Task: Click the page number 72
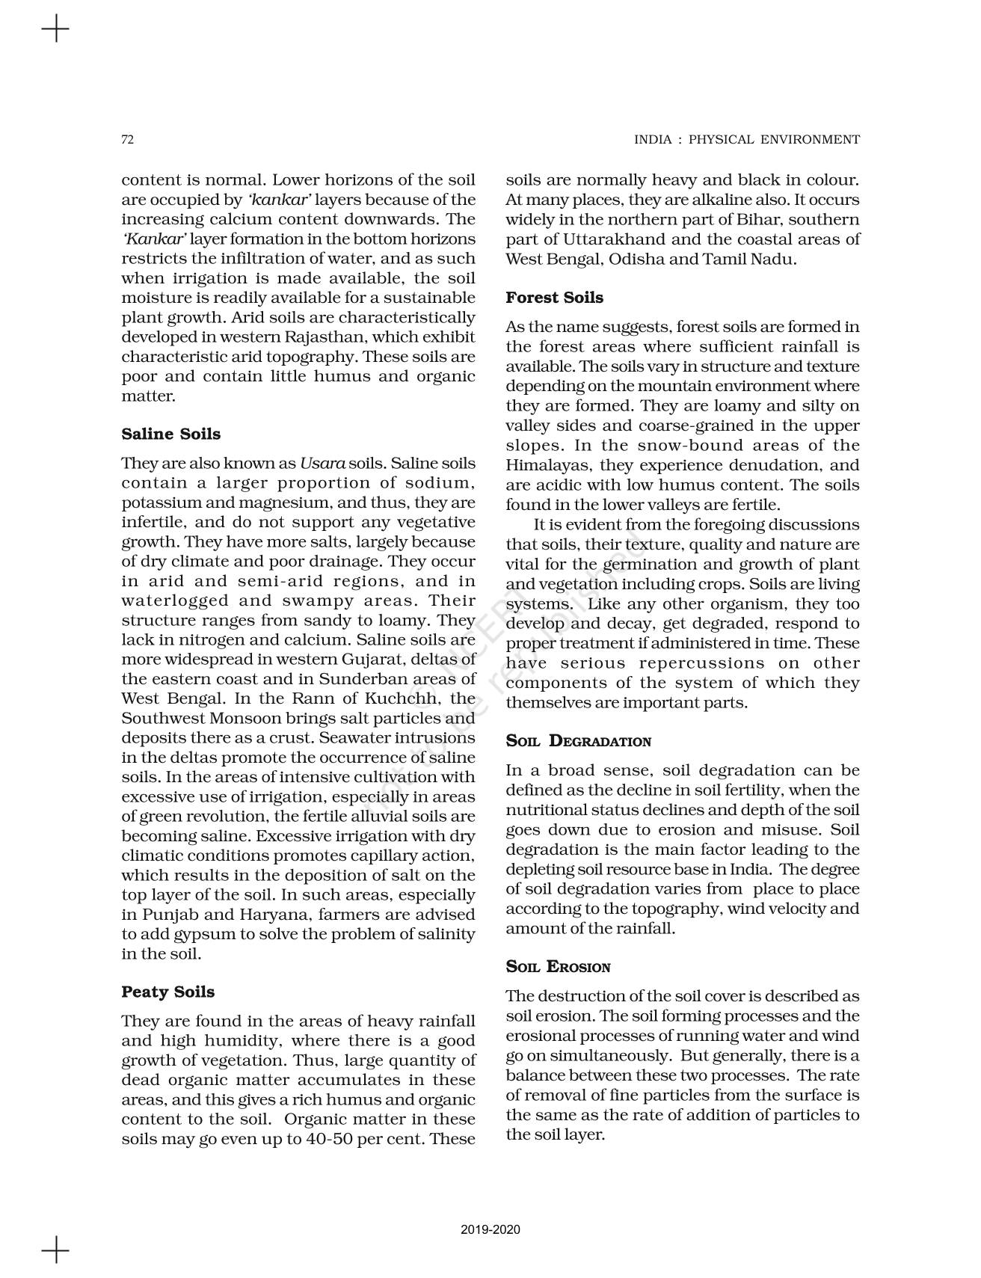pos(127,140)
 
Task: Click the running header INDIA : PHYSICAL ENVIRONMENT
pos(746,140)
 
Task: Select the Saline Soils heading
pos(170,434)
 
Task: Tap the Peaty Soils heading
pos(167,992)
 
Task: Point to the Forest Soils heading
pos(554,298)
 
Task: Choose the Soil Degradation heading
pos(578,742)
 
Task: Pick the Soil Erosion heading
pos(558,967)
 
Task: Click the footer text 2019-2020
pos(490,1230)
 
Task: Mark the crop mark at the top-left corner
pos(55,30)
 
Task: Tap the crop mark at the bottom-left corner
pos(55,1250)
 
